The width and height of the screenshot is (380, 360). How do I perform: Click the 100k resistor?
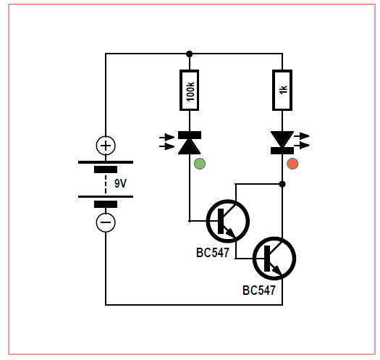coord(189,91)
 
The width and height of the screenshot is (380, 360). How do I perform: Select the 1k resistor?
coord(282,91)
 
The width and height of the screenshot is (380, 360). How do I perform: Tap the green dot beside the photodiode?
coord(200,164)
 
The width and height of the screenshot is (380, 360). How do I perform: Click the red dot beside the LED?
coord(292,164)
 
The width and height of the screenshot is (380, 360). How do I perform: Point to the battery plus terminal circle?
coord(106,146)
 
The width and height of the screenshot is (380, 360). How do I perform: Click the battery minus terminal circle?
coord(106,222)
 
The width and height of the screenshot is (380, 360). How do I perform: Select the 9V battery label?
coord(120,184)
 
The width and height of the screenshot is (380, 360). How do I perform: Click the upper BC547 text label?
coord(213,253)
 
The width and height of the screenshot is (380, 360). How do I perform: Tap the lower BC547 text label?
coord(259,290)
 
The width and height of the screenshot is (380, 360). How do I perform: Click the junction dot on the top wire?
coord(189,54)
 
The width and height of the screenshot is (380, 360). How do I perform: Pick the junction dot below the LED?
coord(282,184)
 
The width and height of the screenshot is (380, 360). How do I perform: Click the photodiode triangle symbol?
coord(189,147)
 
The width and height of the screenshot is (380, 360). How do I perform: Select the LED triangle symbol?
coord(282,139)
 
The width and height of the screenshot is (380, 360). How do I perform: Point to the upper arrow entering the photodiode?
coord(166,138)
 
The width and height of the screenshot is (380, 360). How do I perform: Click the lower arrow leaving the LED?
coord(302,146)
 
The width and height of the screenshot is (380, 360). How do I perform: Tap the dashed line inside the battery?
coord(106,184)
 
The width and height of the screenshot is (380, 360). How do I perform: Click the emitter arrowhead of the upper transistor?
coord(231,233)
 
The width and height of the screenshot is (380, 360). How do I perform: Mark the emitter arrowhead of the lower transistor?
coord(277,270)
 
